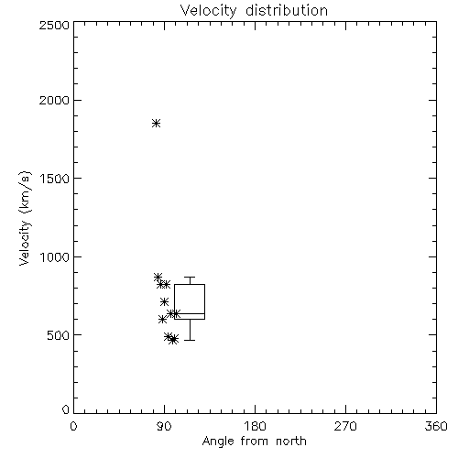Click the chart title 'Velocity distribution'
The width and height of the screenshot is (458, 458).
[x=254, y=11]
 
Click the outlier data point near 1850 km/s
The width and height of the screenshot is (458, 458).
[x=157, y=124]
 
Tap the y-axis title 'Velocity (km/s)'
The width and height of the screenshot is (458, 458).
[x=25, y=218]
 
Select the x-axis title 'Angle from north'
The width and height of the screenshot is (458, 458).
[x=254, y=442]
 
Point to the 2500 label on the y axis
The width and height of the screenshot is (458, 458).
[x=54, y=25]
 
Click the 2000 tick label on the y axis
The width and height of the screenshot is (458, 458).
[x=54, y=101]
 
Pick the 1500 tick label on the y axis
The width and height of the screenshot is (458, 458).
[x=55, y=179]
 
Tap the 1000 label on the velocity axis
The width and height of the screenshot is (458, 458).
[x=55, y=257]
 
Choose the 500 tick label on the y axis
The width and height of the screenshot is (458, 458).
[x=59, y=335]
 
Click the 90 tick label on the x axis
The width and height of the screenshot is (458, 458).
[x=164, y=426]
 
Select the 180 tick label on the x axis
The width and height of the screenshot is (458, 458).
[x=254, y=426]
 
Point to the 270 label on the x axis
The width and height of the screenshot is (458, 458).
[x=345, y=426]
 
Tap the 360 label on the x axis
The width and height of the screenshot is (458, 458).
[x=436, y=426]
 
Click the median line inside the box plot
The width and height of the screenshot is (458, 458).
[x=190, y=313]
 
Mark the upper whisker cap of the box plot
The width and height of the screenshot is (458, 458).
[x=190, y=278]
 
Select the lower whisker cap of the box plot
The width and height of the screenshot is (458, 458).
[x=190, y=340]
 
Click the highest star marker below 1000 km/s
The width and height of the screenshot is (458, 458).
[x=158, y=278]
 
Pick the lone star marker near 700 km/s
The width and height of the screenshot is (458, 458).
[x=164, y=302]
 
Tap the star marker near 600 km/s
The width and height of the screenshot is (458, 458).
[x=162, y=320]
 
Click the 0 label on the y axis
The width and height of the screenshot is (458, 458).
[x=66, y=409]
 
